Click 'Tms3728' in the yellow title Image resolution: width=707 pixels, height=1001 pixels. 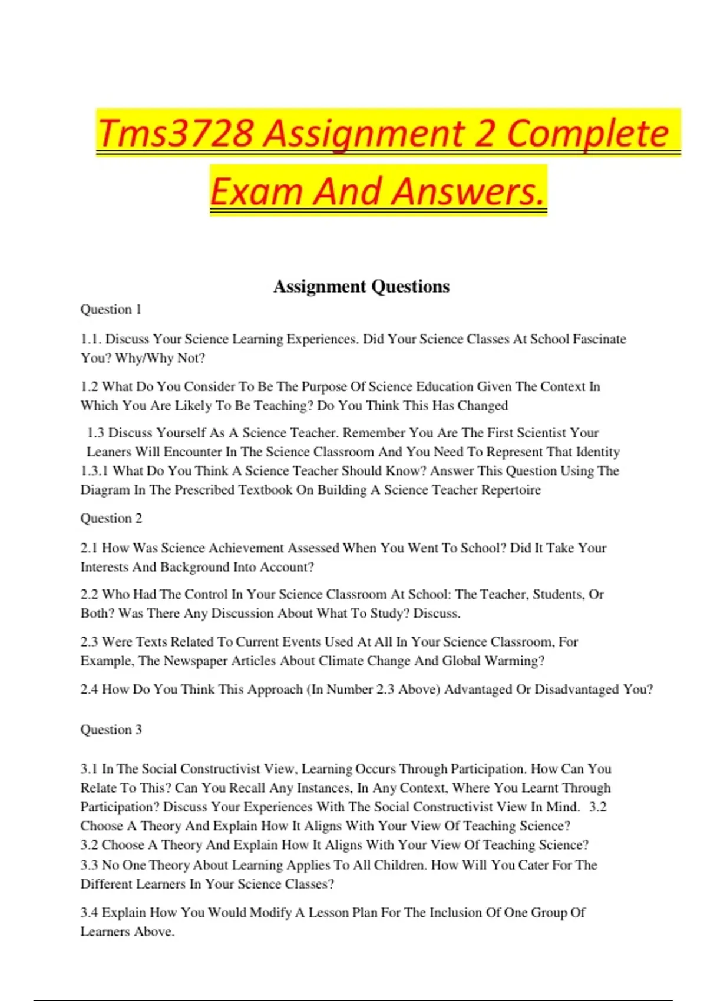pos(176,133)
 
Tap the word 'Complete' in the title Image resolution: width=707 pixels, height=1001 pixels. pos(587,133)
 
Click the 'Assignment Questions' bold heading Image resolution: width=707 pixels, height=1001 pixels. pos(361,287)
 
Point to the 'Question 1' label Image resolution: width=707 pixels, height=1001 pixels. pos(111,310)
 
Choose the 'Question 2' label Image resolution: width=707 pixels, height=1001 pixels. pos(111,519)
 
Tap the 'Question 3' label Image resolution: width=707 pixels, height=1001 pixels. pos(111,730)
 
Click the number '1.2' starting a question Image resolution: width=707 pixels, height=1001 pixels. pos(89,387)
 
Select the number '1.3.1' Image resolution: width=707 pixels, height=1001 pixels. pos(94,471)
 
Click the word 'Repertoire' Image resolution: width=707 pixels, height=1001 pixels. pos(510,490)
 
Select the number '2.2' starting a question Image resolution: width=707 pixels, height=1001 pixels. pos(89,595)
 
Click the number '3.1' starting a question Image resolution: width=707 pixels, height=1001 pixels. pos(89,769)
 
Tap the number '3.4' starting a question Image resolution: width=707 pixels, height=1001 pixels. pos(89,913)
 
